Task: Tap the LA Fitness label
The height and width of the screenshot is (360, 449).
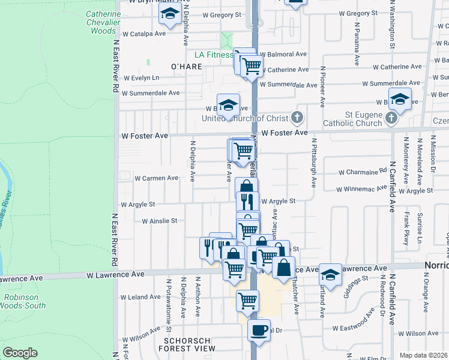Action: click(x=208, y=55)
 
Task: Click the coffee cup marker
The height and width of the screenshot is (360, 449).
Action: click(x=259, y=331)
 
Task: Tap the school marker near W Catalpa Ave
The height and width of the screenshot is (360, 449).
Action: click(x=170, y=14)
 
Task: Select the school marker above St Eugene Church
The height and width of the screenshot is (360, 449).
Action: click(x=400, y=99)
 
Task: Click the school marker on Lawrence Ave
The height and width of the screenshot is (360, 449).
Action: click(x=330, y=274)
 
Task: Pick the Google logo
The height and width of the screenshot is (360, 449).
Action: click(x=20, y=353)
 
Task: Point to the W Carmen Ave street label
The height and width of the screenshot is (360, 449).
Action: click(x=156, y=178)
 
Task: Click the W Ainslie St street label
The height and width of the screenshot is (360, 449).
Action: click(x=159, y=221)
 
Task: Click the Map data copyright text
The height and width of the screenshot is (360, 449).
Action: click(x=424, y=355)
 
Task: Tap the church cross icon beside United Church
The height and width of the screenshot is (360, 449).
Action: click(x=296, y=116)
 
